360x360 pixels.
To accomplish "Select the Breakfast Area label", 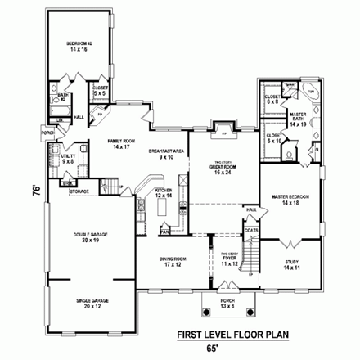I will pos(166,154).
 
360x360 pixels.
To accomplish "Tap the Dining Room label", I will pos(170,263).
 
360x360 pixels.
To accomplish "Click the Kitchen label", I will pos(164,194).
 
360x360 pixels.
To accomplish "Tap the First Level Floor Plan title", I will pos(238,335).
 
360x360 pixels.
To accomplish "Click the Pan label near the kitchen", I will pos(164,232).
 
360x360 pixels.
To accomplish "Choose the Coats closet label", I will pos(252,230).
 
